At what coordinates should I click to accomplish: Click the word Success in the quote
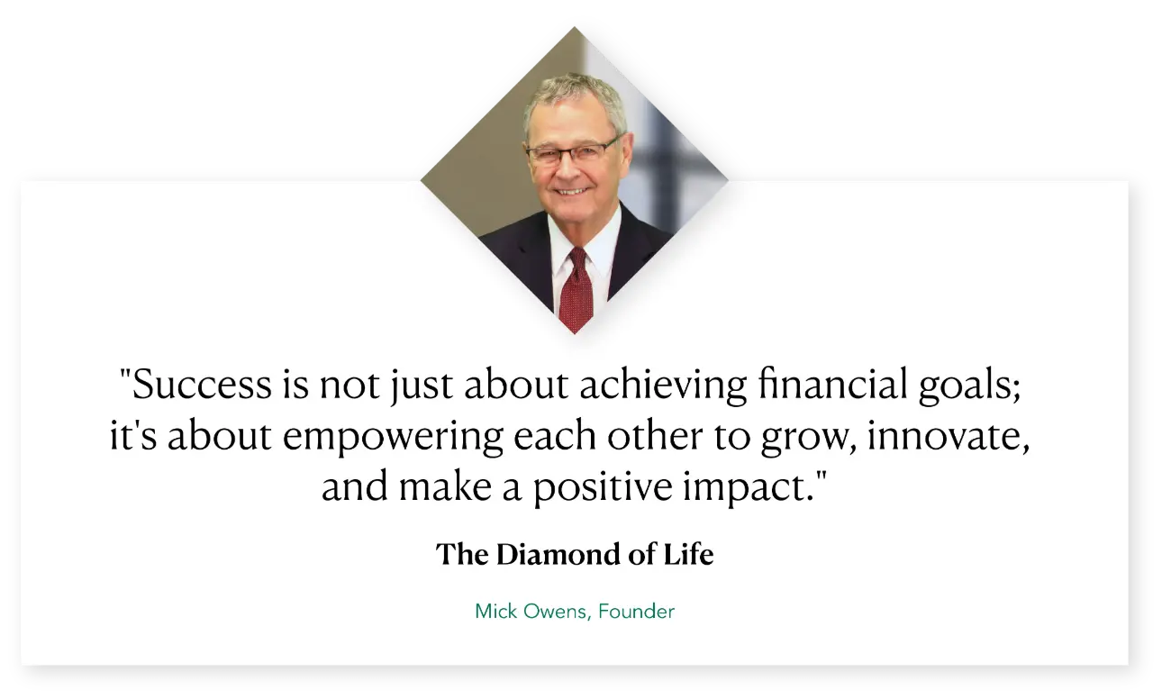click(x=203, y=385)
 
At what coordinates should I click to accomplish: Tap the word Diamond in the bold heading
click(x=558, y=554)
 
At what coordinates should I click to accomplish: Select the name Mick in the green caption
click(x=496, y=612)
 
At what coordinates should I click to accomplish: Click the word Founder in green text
click(x=636, y=612)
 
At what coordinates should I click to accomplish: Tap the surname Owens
click(x=555, y=612)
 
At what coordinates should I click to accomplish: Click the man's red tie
click(x=576, y=289)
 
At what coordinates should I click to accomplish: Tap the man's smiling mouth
click(x=572, y=192)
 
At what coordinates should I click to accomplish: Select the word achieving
click(x=663, y=385)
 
